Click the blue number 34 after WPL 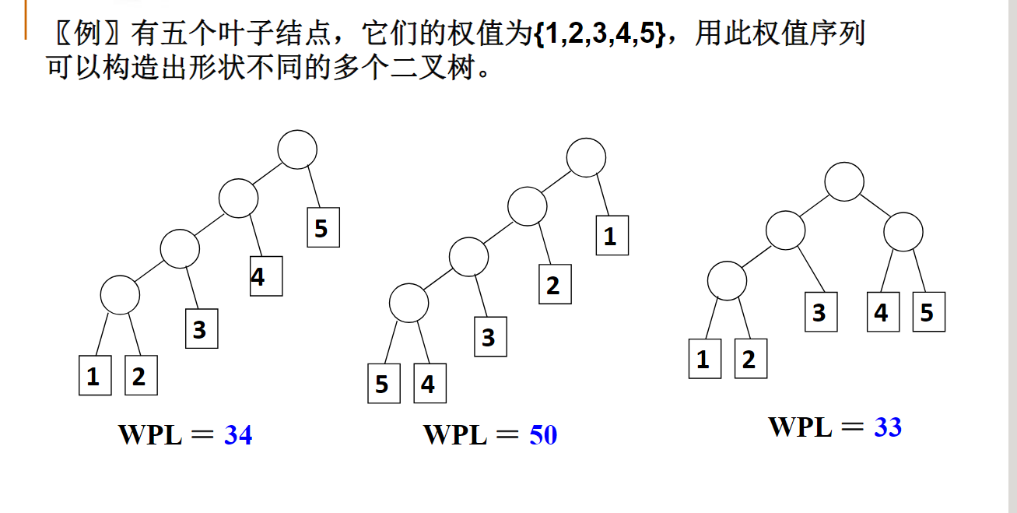(238, 435)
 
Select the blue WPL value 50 (543, 435)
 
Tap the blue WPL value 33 (887, 427)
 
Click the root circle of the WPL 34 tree (297, 149)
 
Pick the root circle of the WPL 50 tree (586, 158)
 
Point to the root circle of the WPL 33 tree (844, 181)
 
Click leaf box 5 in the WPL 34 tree (323, 227)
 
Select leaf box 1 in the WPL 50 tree (612, 236)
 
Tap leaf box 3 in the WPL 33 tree (820, 312)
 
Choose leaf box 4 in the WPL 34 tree (265, 276)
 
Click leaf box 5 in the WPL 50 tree (383, 384)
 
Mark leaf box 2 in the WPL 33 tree (750, 359)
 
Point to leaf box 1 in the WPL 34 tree (94, 375)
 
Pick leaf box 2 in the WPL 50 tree (554, 284)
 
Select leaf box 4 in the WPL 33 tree (882, 312)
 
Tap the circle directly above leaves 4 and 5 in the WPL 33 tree (903, 231)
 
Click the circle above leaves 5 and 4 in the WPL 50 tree (409, 303)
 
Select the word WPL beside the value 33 (800, 427)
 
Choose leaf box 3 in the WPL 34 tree (201, 329)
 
